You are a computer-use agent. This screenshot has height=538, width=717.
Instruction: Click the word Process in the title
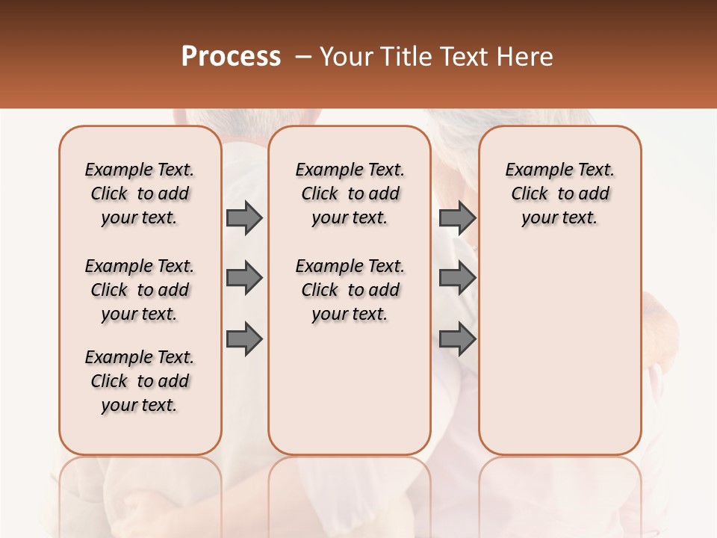tap(231, 56)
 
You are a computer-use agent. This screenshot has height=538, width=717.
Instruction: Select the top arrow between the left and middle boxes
tap(243, 217)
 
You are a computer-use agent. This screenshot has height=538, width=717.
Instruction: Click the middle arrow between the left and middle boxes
tap(243, 278)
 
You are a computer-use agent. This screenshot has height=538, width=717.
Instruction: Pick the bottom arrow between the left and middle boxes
tap(243, 338)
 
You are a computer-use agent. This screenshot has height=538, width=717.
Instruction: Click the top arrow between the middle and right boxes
tap(457, 217)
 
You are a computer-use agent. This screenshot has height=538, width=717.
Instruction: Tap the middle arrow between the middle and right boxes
tap(457, 278)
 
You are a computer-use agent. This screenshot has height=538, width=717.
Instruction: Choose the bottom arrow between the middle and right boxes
tap(457, 338)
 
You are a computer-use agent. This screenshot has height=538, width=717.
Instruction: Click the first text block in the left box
tap(140, 194)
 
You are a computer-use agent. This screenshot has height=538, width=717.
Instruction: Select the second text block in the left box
tap(140, 290)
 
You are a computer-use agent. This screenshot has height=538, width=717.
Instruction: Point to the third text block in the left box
tap(140, 381)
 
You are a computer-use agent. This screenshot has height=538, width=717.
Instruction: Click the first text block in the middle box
tap(350, 194)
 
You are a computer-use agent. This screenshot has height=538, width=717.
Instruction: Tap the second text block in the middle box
tap(350, 290)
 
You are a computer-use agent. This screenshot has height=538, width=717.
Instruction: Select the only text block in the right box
tap(559, 194)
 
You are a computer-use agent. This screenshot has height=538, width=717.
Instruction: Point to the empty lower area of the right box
tap(559, 351)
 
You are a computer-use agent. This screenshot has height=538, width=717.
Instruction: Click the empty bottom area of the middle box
tap(350, 396)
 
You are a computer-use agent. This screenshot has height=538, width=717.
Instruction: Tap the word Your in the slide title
tap(344, 56)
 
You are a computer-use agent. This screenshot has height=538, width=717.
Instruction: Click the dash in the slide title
tap(303, 56)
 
